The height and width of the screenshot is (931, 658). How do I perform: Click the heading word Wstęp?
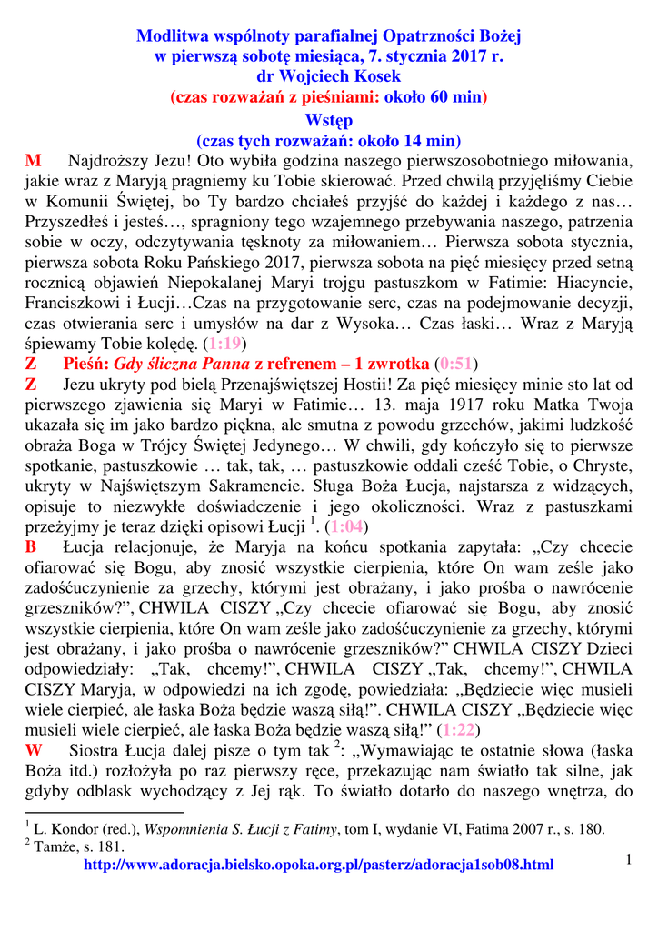click(x=329, y=120)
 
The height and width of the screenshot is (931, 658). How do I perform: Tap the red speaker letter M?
click(x=33, y=162)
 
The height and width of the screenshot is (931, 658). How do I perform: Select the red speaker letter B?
click(x=31, y=547)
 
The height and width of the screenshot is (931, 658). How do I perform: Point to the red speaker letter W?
click(x=34, y=751)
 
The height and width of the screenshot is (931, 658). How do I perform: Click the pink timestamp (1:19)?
click(x=224, y=344)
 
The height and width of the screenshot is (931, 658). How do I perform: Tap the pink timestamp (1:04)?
click(x=348, y=526)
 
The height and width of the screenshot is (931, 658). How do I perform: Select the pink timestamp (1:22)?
click(x=460, y=730)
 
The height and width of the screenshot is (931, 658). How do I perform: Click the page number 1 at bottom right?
click(x=628, y=859)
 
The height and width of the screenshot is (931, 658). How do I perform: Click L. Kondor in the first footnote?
click(x=63, y=829)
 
